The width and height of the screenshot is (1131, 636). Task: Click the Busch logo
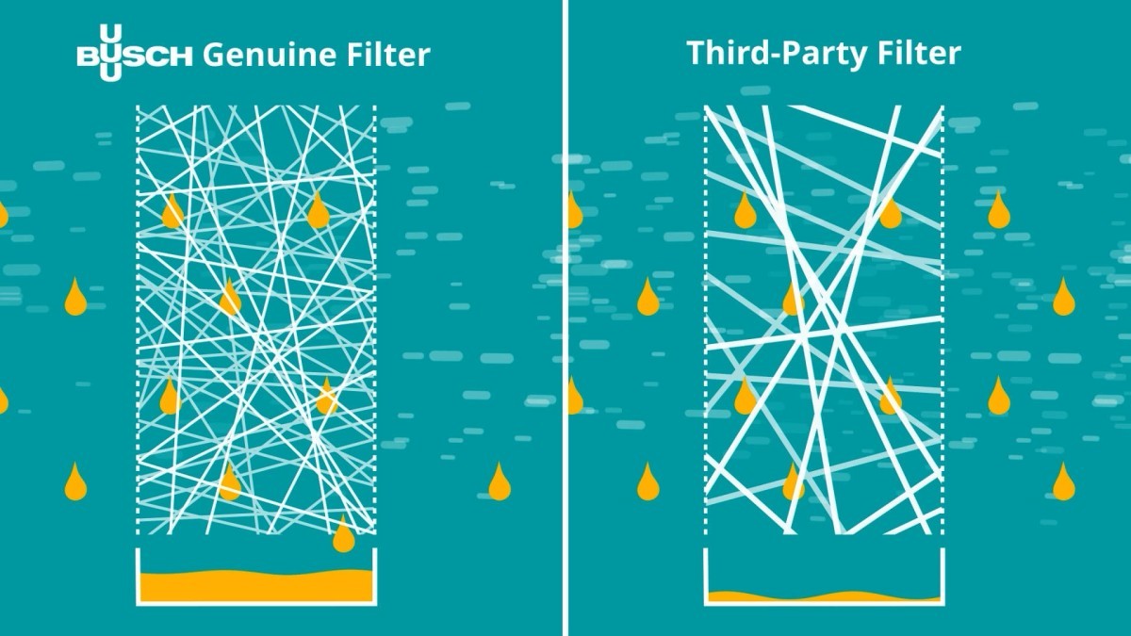tap(134, 53)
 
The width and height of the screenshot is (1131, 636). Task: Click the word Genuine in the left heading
tap(270, 55)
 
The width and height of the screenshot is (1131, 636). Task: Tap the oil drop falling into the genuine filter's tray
tap(344, 533)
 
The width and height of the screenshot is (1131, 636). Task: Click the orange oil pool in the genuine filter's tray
tap(256, 585)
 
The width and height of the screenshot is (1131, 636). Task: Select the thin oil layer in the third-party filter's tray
tap(824, 596)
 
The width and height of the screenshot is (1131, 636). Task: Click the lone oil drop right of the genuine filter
tap(500, 481)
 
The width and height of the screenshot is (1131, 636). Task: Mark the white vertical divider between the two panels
tap(565, 318)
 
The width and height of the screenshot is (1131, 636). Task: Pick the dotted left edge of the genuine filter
tap(138, 319)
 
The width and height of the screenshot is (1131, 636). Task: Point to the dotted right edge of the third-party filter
tap(942, 319)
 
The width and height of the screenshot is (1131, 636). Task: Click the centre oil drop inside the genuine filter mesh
tap(230, 297)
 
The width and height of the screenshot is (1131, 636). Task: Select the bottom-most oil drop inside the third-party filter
tap(794, 481)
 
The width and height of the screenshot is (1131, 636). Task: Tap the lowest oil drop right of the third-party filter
tap(1064, 481)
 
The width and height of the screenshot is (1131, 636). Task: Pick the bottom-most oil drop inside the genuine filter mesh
tap(230, 481)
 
